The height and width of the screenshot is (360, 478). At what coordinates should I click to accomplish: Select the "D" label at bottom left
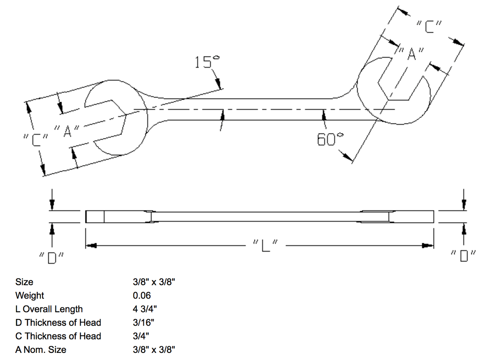coord(52,257)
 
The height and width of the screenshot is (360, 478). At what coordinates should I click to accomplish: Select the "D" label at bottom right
coord(463,256)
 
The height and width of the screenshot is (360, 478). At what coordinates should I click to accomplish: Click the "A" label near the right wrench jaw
coord(411,54)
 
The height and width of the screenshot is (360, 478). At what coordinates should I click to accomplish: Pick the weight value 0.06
coord(142,295)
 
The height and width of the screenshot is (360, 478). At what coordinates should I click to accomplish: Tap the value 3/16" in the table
coord(143,322)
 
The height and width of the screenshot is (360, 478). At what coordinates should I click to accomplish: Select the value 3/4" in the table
coord(141,336)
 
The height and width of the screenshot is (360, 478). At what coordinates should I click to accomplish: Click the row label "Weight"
coord(30,295)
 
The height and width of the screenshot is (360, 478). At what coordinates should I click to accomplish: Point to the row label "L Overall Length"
coord(49,309)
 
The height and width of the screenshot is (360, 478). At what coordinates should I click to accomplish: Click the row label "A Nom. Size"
coord(41,350)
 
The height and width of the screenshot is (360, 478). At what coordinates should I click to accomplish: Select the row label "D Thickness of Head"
coord(58,322)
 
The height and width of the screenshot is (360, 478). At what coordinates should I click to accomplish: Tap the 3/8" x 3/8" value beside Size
coord(154,282)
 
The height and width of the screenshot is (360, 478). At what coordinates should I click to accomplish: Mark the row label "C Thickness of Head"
coord(58,336)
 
